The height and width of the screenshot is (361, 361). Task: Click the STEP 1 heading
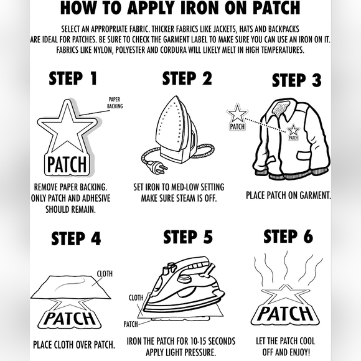73,78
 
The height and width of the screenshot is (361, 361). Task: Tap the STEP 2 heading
187,78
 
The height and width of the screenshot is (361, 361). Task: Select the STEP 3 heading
296,80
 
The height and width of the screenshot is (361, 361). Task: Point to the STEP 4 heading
76,238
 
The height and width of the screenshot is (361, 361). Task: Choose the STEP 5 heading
188,237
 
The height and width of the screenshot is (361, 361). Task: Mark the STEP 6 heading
288,237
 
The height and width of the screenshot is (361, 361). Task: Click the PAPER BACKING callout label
115,103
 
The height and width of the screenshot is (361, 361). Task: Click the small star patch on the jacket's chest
293,132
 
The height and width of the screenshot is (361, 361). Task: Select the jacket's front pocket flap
308,155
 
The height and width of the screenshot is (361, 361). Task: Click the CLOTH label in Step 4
105,274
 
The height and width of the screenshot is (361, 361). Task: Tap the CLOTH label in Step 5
136,298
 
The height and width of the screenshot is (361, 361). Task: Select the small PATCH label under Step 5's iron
131,324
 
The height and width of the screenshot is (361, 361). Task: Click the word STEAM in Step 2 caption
184,198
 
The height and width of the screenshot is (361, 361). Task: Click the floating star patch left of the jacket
237,118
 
